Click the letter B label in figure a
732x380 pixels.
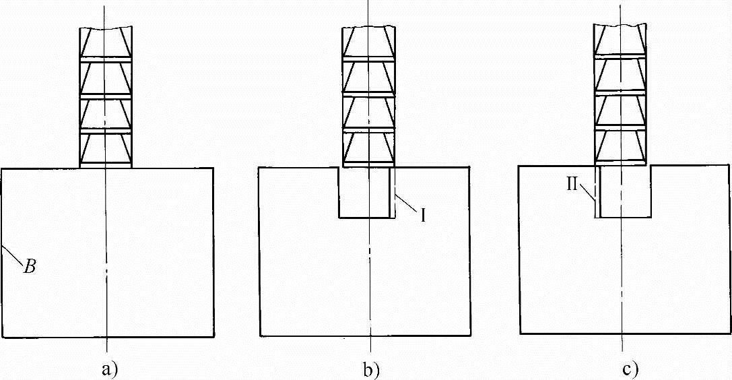click(30, 267)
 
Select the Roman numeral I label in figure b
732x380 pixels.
click(424, 216)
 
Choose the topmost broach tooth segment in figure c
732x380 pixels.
click(620, 41)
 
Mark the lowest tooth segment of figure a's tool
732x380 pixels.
click(106, 149)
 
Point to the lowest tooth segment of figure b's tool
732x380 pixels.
click(368, 149)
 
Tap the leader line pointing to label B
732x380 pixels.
click(13, 257)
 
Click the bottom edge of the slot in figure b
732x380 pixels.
click(364, 218)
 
